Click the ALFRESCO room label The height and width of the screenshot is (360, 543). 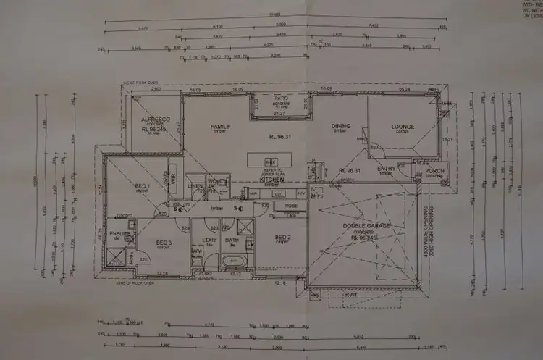155,120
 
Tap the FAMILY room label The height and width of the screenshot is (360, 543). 220,126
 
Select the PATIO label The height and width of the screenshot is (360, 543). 282,97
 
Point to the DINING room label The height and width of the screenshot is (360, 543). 341,126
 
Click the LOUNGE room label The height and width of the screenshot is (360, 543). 403,126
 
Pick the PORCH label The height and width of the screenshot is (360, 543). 434,171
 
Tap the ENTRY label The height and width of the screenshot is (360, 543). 387,169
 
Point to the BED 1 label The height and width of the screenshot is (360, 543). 143,186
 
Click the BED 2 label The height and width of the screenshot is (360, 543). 282,236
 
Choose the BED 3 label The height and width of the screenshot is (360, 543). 164,242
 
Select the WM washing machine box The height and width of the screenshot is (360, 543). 197,251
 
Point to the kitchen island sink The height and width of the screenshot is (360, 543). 269,161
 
